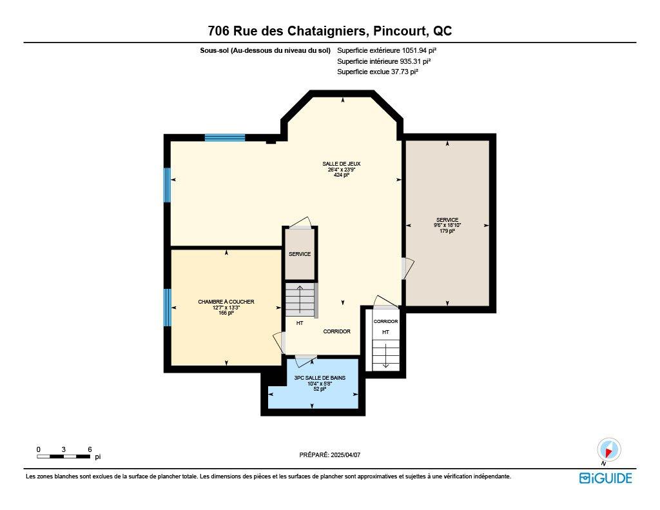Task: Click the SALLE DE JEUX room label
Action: coord(342,164)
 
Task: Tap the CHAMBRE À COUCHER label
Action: coord(226,302)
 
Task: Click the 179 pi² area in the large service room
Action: coord(447,230)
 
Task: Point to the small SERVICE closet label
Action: coord(300,254)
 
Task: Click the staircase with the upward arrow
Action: coord(300,300)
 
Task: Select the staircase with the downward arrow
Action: coord(385,355)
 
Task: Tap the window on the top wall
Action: coord(225,137)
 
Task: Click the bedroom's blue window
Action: coord(168,308)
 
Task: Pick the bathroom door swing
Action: coord(306,357)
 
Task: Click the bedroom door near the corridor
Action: coord(279,341)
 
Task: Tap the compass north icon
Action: coord(608,450)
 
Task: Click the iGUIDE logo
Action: coord(605,478)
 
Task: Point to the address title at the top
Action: coord(329,31)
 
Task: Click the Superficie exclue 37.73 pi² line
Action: coord(378,72)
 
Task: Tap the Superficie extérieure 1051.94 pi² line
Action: coord(391,50)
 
